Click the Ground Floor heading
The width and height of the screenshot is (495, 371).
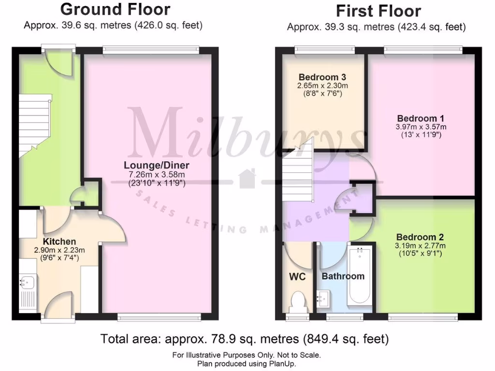click(115, 9)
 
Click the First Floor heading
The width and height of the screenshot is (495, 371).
click(379, 11)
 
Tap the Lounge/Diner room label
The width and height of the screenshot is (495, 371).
click(156, 165)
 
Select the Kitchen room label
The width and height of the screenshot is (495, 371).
click(59, 242)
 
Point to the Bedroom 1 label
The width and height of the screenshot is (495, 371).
click(421, 118)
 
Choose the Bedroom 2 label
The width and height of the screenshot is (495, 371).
click(420, 237)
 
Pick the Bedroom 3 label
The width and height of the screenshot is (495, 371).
click(322, 77)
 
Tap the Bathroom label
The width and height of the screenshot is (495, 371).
click(343, 276)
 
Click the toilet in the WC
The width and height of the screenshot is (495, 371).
click(298, 302)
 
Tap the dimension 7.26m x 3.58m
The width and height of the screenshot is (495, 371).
click(156, 174)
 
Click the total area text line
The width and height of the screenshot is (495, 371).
click(244, 339)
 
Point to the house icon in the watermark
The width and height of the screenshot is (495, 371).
click(248, 178)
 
